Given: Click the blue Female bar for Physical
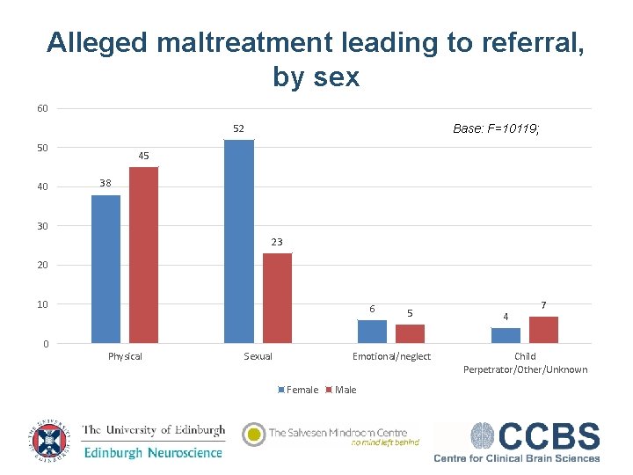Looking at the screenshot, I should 105,268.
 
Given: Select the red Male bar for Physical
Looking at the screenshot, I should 143,255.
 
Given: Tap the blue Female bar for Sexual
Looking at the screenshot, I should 238,241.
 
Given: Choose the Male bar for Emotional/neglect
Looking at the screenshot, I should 410,333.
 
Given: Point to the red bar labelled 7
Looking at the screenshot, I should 543,330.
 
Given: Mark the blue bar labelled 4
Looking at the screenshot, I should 506,335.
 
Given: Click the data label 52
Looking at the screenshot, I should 238,129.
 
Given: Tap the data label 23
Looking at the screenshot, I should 277,242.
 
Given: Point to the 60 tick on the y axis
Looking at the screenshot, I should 42,108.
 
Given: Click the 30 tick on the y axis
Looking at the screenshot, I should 42,226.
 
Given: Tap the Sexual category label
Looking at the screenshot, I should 258,356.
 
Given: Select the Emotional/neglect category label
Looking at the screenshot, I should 391,356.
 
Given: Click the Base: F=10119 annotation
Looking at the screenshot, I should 496,128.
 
